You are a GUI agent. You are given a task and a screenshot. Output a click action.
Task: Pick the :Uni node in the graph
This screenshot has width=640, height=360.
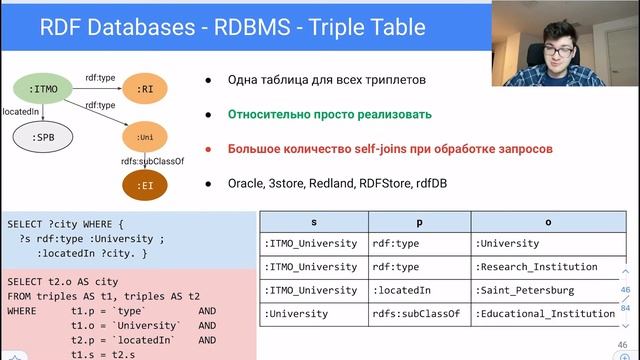[146, 135]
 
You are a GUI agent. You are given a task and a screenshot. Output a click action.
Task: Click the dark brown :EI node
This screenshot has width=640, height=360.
[146, 185]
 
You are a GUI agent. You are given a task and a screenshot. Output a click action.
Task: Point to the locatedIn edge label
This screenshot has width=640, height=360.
[22, 112]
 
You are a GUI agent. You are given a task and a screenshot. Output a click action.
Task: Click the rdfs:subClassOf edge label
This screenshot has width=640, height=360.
[151, 160]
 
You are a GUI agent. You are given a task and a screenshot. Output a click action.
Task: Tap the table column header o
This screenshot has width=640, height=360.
[547, 221]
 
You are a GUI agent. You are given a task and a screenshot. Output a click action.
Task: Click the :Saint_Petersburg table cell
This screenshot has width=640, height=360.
[525, 290]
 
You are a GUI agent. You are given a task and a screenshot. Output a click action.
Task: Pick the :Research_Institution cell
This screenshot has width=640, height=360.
[536, 267]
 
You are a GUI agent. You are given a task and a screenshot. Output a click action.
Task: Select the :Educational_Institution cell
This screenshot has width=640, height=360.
[545, 314]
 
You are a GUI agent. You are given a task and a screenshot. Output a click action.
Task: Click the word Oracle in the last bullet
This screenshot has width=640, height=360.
[246, 184]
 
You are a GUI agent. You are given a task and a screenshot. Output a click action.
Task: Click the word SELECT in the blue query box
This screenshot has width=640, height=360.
[27, 224]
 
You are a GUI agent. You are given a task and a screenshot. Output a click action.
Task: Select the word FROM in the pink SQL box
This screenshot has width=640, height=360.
[21, 296]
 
